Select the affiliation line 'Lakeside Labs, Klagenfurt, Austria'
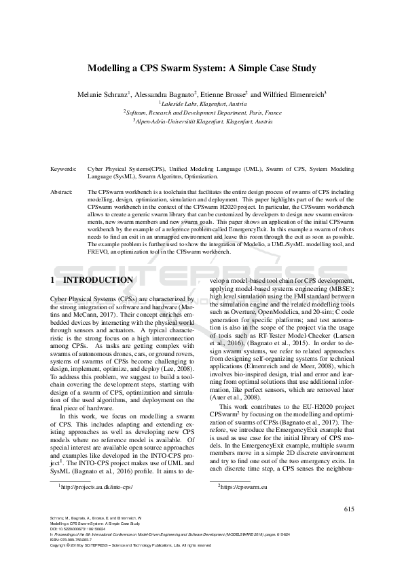pos(202,104)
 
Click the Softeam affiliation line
pos(202,113)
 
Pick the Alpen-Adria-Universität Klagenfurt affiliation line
pos(202,121)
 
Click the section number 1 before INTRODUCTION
pos(53,280)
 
